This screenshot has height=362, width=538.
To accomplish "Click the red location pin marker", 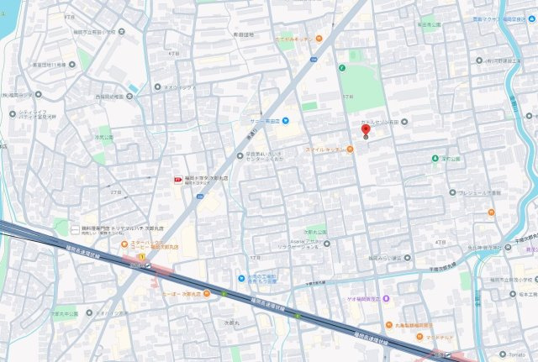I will click(x=365, y=131).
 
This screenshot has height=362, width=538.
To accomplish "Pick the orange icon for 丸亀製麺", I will click(x=388, y=325).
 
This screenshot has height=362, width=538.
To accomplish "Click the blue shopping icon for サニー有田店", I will click(x=286, y=118).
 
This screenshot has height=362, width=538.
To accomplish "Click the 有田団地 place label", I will click(x=242, y=34).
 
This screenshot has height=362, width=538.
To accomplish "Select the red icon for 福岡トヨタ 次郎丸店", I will click(x=176, y=180).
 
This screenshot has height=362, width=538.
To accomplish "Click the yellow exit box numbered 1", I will click(x=142, y=255).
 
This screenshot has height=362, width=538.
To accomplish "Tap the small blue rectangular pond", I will click(x=134, y=87).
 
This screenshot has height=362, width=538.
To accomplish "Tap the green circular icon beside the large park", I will click(x=342, y=68).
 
